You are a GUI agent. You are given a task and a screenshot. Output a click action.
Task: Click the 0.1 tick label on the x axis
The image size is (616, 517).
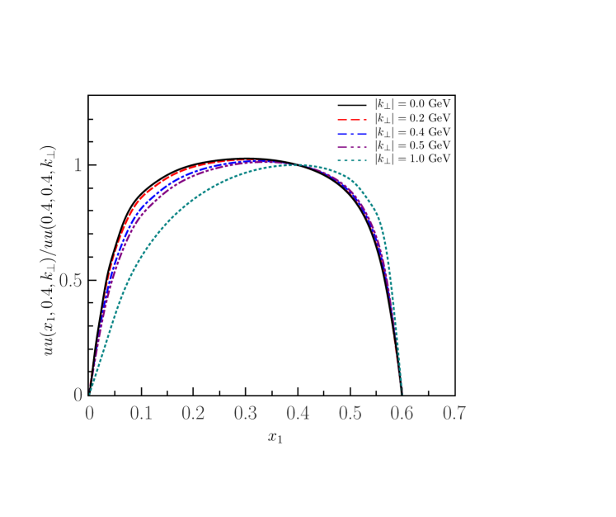(x=141, y=413)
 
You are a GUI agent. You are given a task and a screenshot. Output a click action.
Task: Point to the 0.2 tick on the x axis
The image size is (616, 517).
(x=193, y=413)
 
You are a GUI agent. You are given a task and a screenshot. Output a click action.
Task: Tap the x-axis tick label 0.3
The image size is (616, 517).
(x=245, y=413)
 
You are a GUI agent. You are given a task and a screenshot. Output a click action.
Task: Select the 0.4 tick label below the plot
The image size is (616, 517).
(x=298, y=413)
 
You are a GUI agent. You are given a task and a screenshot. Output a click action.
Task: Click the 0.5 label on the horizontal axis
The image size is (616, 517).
(x=350, y=413)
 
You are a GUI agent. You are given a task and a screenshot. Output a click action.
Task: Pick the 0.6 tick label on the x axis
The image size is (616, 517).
(x=402, y=413)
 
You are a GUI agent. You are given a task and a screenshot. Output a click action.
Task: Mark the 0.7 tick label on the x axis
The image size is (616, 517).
(x=454, y=413)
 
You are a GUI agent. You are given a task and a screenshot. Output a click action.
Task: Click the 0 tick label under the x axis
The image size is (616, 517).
(x=89, y=413)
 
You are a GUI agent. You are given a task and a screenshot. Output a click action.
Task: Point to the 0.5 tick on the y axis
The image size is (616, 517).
(x=70, y=281)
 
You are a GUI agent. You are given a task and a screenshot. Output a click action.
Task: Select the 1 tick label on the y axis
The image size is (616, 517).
(x=78, y=165)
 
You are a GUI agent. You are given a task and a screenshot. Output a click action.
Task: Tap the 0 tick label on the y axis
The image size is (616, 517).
(x=78, y=396)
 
